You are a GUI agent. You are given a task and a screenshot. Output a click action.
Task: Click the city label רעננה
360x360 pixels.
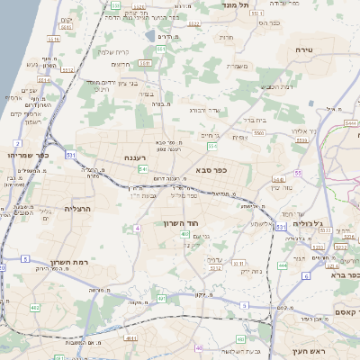136,157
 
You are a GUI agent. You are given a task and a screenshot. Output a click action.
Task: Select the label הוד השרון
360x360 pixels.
180,222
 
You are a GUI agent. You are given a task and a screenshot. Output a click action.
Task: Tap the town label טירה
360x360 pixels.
302,51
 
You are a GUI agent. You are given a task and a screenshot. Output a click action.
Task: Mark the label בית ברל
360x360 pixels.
256,118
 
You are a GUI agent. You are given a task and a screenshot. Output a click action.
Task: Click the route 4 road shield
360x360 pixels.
137,229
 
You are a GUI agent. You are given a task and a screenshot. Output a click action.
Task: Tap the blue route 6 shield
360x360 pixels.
305,276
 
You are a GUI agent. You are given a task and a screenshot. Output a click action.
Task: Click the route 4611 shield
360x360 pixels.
131,338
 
